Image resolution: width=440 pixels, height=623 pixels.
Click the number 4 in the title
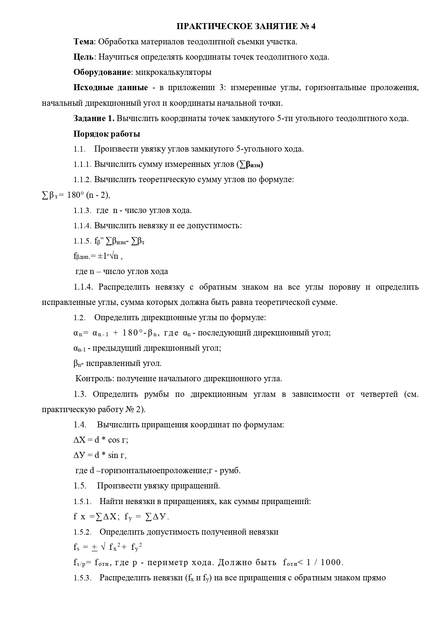pos(313,27)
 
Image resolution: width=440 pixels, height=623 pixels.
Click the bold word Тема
pos(84,42)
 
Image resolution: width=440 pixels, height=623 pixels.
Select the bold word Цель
pos(84,57)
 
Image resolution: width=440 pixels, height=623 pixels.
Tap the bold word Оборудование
pos(102,72)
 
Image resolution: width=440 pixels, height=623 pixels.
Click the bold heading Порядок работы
pos(107,134)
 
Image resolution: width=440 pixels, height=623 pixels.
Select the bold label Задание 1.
pos(94,119)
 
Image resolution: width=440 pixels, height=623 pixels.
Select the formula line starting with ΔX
pos(101,440)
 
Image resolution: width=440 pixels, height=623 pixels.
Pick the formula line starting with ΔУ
pos(100,455)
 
